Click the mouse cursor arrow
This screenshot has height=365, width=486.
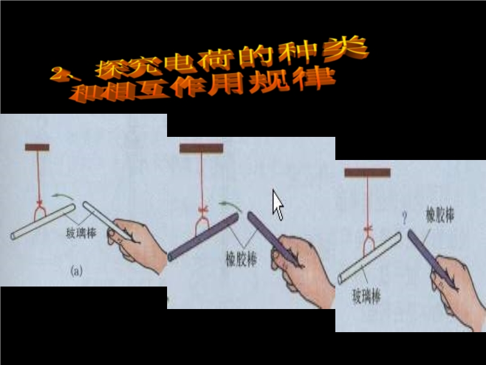(x=278, y=205)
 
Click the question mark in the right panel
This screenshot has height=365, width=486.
(x=405, y=218)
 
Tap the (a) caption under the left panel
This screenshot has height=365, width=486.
(x=77, y=271)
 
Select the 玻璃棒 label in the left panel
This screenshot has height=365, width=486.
(x=81, y=234)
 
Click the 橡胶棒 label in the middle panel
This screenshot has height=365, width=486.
(x=241, y=259)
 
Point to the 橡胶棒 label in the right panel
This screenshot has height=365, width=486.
(x=440, y=215)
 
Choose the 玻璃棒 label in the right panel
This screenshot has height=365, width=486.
(x=366, y=296)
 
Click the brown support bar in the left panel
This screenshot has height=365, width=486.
(x=37, y=147)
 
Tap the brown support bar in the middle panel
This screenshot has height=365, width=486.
(x=202, y=148)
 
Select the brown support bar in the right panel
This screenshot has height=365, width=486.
(x=368, y=173)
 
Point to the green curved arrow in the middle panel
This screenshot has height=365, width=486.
(x=230, y=204)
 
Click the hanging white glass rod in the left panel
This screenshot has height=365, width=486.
(x=43, y=221)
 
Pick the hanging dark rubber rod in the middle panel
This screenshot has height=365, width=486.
(x=204, y=237)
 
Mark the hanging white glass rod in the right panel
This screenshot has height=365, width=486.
(x=369, y=258)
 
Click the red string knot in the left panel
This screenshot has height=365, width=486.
(x=39, y=203)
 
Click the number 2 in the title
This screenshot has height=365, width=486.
(x=59, y=74)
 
